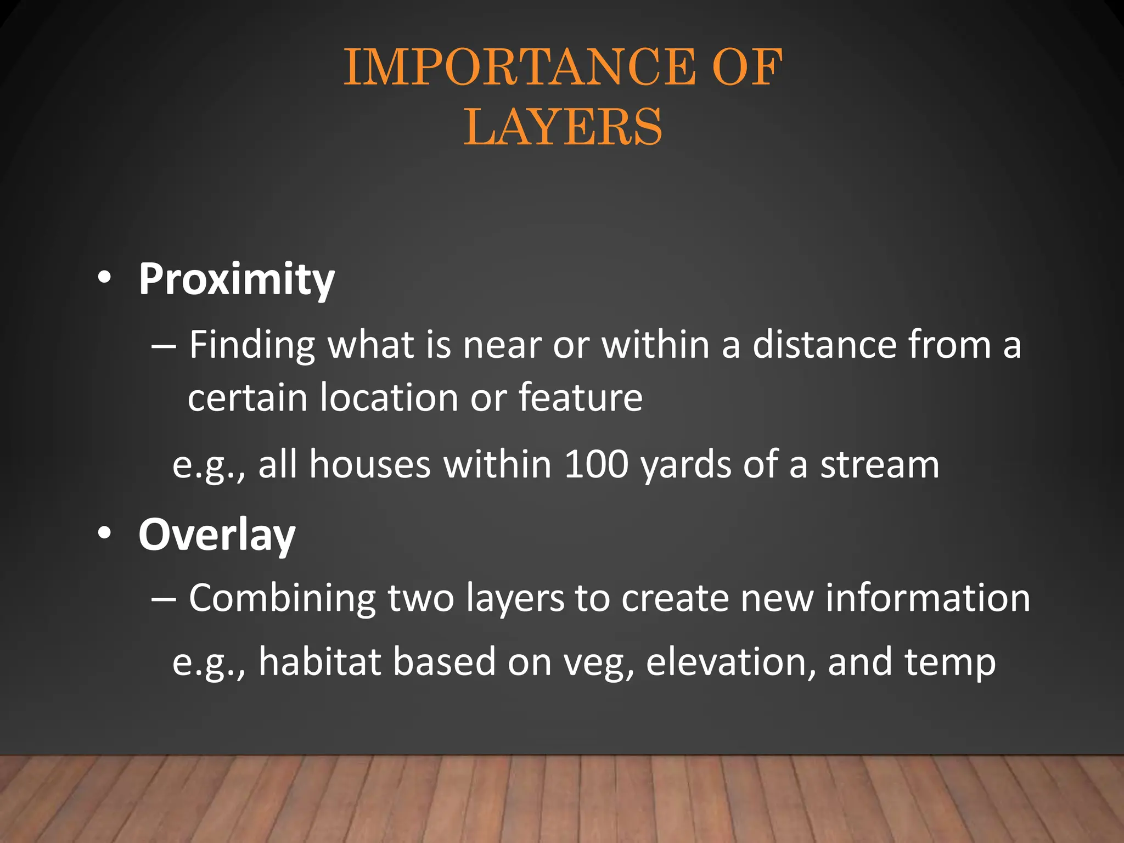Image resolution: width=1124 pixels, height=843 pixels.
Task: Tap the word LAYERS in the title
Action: [x=563, y=127]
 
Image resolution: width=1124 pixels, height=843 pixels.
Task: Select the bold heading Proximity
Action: [x=237, y=279]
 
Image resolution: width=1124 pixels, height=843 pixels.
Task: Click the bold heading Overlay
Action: [x=217, y=535]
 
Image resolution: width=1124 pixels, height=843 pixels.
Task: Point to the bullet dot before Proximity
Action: [x=104, y=278]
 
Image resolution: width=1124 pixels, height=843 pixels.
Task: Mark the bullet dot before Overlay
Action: [x=104, y=533]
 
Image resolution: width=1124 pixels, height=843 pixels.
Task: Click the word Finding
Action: [x=252, y=346]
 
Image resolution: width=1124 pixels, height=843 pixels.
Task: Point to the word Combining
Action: [x=282, y=598]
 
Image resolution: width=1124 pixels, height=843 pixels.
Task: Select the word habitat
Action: [x=320, y=662]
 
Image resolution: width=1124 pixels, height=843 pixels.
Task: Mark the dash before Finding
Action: [x=164, y=347]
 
